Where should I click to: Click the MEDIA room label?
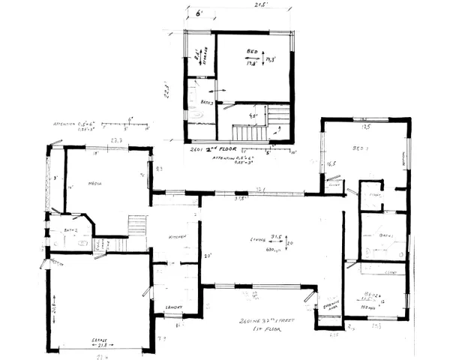click(x=94, y=184)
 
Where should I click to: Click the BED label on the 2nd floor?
click(x=251, y=52)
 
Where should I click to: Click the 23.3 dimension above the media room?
click(x=116, y=140)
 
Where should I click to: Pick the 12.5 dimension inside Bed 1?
click(x=365, y=127)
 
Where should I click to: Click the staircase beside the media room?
click(x=137, y=224)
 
